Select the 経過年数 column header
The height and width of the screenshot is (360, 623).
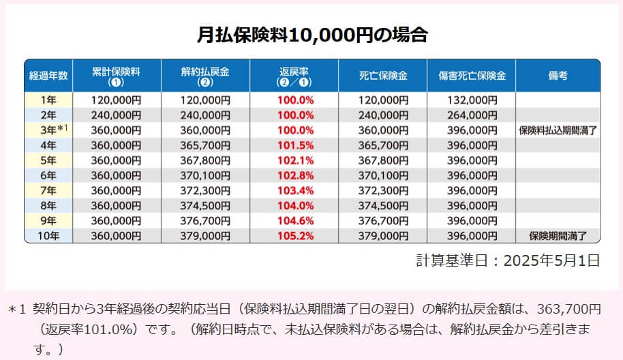[x=48, y=76]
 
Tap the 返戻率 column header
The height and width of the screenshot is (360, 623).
[x=297, y=76]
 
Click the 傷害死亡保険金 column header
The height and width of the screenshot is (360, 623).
[x=472, y=76]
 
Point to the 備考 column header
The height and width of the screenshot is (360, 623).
[x=557, y=76]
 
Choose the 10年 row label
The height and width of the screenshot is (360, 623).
[x=48, y=237]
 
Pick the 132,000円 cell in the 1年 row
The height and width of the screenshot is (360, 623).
[x=472, y=100]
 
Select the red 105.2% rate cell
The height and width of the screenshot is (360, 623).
[x=297, y=237]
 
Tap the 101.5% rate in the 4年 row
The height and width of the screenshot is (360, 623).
[x=297, y=145]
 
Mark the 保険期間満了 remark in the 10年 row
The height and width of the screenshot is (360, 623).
[x=558, y=237]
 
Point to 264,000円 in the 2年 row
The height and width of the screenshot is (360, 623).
[x=472, y=115]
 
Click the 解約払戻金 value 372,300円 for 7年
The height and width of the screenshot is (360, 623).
[x=206, y=191]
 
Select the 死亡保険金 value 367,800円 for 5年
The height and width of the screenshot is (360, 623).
[x=384, y=160]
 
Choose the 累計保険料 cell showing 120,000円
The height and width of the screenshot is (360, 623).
[x=115, y=100]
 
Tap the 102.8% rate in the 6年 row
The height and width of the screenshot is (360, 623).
[x=297, y=176]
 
